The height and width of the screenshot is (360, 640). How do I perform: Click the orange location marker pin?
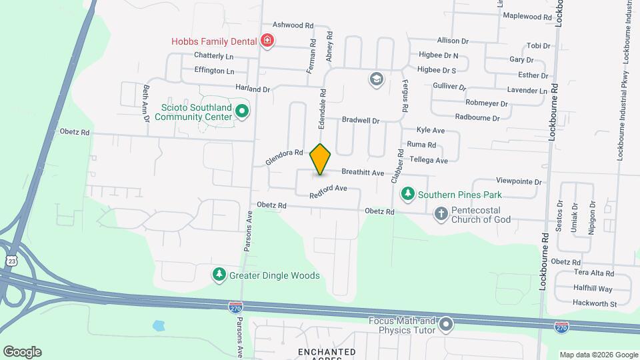321,159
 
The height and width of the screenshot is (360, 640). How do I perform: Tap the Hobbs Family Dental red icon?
267,41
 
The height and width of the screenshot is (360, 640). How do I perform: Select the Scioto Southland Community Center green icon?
242,111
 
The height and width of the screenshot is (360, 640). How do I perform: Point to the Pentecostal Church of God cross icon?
441,214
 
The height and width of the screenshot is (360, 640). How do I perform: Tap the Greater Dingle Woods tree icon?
219,275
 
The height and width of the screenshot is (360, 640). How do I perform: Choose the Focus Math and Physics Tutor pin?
446,325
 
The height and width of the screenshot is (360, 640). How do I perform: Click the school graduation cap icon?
376,79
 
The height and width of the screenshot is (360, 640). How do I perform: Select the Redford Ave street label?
329,191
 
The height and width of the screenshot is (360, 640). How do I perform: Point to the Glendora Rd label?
284,157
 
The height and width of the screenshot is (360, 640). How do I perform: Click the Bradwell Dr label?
360,121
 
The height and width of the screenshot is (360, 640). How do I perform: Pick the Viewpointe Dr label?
519,181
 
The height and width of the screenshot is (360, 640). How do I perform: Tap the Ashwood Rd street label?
293,25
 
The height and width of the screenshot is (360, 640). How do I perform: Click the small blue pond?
159,326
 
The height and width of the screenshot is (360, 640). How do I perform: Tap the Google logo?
22,352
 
